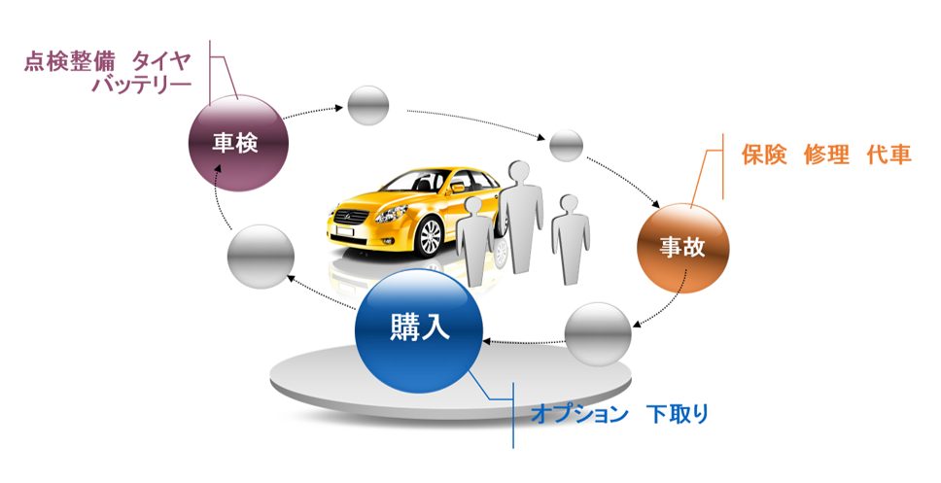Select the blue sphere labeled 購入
419,328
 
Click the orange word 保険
763,155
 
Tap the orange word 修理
826,155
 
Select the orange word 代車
889,155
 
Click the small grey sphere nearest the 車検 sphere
367,105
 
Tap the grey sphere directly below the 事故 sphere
597,334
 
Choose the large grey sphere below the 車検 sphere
260,258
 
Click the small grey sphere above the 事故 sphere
566,146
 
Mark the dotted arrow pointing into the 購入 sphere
525,341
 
